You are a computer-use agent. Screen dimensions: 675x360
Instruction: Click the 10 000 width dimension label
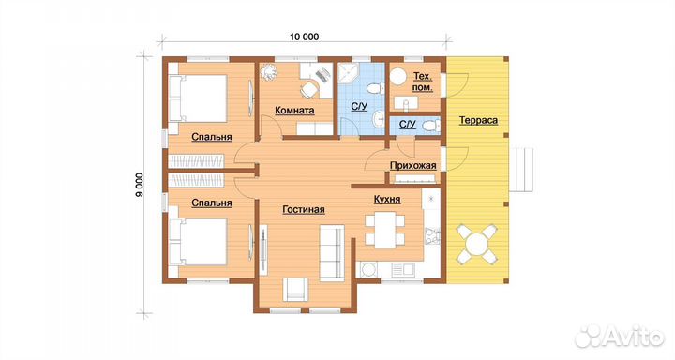tap(305, 37)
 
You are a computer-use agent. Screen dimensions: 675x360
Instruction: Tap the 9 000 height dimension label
tap(139, 186)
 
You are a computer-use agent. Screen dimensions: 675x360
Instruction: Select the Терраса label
tap(478, 120)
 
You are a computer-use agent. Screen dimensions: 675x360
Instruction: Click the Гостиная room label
tap(304, 210)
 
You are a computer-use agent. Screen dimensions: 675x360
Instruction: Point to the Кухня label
tap(387, 200)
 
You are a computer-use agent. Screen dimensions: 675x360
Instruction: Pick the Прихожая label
tap(412, 166)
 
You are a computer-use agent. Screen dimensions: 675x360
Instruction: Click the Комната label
tap(294, 111)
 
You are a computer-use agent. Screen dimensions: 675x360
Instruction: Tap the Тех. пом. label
tap(423, 82)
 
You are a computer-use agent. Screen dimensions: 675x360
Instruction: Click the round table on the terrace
tap(476, 244)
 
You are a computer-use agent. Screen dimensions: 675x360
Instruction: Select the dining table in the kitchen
tap(385, 230)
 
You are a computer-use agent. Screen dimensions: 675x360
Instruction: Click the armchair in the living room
tap(295, 290)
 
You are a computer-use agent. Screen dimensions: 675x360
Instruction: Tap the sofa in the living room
tap(332, 253)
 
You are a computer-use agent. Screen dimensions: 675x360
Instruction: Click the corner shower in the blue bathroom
tap(348, 74)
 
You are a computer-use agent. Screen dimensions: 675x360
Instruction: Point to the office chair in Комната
tap(308, 90)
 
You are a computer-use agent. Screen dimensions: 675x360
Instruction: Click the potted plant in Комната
tap(269, 72)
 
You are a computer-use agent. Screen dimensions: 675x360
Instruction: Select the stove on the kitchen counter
tap(432, 235)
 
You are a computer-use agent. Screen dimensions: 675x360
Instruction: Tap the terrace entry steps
tap(521, 170)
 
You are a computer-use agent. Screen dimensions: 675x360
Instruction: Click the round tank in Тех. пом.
tap(397, 77)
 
